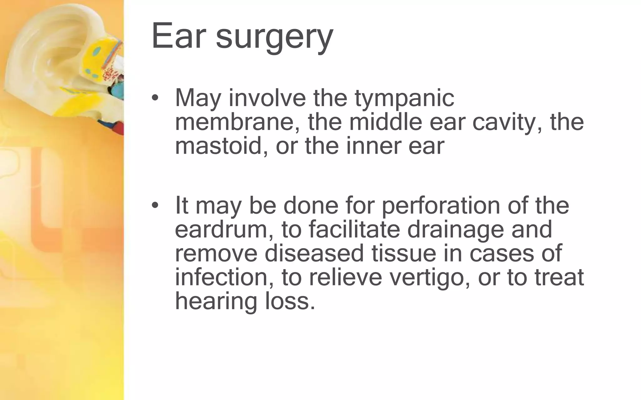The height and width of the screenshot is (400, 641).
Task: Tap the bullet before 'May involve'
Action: (155, 98)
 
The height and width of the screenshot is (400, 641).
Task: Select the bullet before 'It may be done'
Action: (155, 205)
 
